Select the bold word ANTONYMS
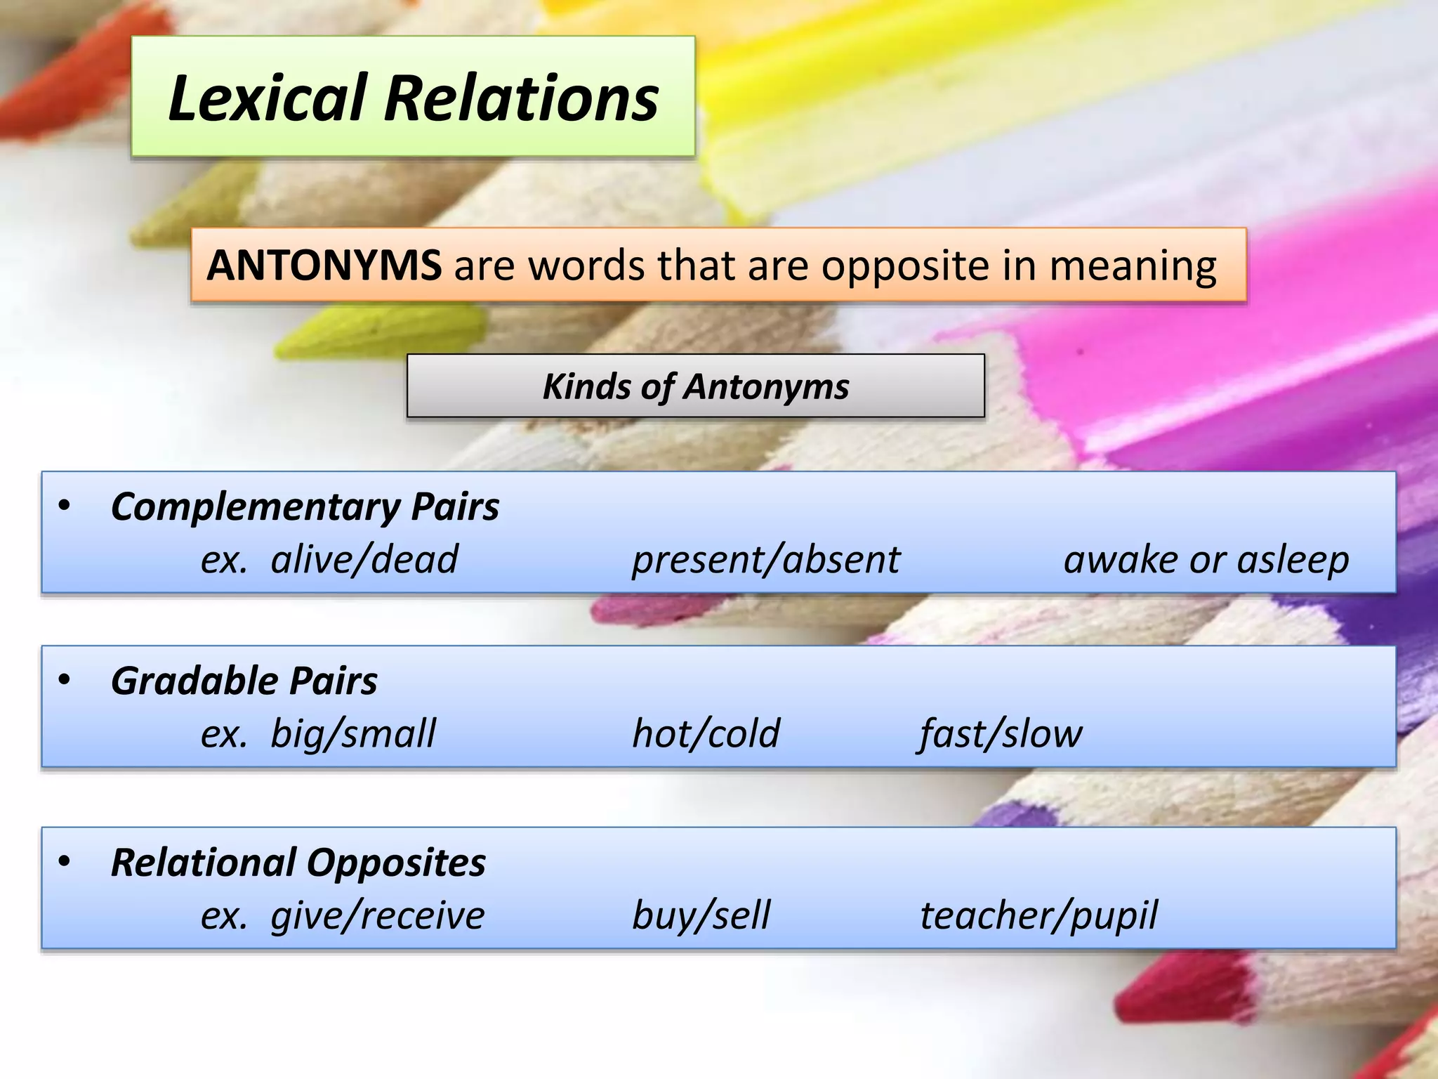(324, 266)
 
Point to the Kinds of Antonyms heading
(695, 386)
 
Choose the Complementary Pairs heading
(305, 507)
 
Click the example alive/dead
(364, 560)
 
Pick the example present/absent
(765, 560)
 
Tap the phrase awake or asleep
(1206, 560)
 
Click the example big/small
(352, 734)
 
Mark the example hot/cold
(706, 734)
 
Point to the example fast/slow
(1001, 734)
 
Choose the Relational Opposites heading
(298, 863)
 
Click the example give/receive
(377, 915)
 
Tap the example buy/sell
(701, 915)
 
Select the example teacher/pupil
(1038, 915)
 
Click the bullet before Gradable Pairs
(65, 680)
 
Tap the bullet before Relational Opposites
(65, 861)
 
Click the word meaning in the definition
(1133, 267)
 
